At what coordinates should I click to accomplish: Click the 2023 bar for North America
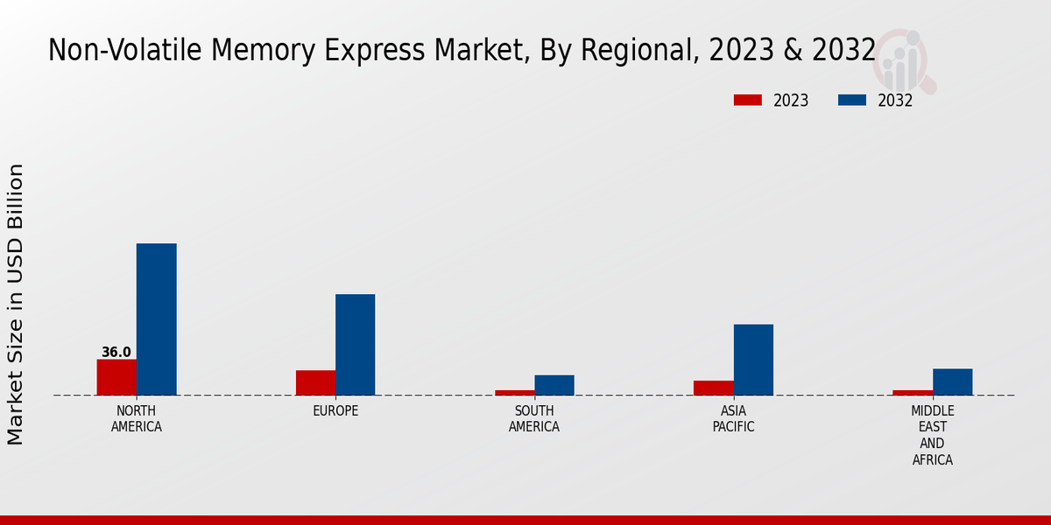click(x=116, y=377)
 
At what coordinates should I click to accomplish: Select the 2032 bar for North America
click(x=157, y=319)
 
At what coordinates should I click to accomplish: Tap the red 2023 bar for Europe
click(x=315, y=382)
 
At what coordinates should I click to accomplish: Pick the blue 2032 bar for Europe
click(x=356, y=345)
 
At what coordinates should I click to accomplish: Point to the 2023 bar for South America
click(x=514, y=393)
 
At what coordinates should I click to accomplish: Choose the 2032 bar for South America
click(x=554, y=385)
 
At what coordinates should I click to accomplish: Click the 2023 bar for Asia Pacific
click(x=714, y=388)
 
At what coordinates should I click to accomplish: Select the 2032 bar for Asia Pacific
click(x=753, y=360)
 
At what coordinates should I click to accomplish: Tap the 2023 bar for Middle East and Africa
click(x=913, y=393)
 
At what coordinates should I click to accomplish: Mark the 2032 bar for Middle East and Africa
click(x=953, y=381)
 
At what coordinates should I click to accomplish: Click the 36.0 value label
click(x=116, y=353)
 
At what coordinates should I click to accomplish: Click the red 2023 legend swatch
click(x=748, y=101)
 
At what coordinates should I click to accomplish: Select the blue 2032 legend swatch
click(x=852, y=101)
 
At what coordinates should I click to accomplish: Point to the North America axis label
click(x=137, y=419)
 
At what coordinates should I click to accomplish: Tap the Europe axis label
click(x=335, y=411)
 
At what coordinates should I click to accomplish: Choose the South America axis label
click(x=534, y=419)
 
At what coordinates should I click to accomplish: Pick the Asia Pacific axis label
click(x=734, y=419)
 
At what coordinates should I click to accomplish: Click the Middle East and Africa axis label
click(x=933, y=435)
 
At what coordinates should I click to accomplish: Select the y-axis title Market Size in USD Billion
click(x=16, y=304)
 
